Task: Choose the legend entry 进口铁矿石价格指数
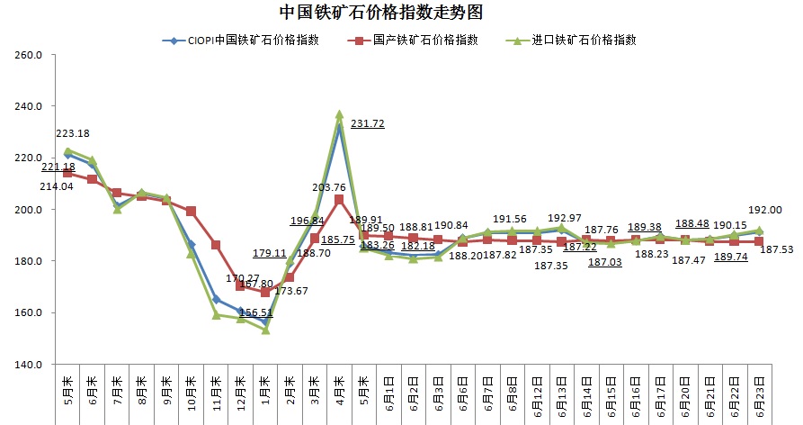(584, 41)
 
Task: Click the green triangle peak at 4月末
(339, 115)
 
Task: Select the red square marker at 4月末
(339, 199)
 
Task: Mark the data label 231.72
(368, 123)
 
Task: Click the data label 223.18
(73, 133)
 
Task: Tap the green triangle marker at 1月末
(265, 330)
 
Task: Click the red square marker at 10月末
(191, 212)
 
